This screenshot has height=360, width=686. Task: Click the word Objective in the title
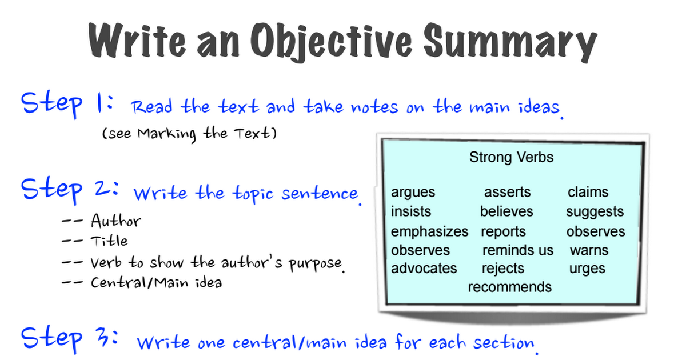tap(332, 42)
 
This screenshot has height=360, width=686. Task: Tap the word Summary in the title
tap(510, 42)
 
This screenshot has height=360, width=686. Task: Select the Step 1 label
tap(67, 105)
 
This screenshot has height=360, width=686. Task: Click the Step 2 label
tap(70, 190)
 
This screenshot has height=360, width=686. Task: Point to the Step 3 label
tap(70, 339)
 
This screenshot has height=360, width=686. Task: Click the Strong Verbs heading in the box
tap(512, 157)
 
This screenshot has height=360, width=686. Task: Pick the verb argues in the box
tap(413, 193)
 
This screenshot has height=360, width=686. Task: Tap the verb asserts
tap(507, 192)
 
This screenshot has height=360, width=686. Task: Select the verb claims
tap(588, 192)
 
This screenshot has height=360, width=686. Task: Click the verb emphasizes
tap(430, 232)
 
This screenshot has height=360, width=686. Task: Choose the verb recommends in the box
tap(510, 287)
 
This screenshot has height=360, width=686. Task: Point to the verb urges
tap(587, 269)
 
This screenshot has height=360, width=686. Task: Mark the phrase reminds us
tap(518, 250)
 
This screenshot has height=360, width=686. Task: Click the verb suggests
tap(595, 212)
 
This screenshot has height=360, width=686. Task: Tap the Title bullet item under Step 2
tap(109, 241)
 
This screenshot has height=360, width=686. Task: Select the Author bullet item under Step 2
tap(115, 221)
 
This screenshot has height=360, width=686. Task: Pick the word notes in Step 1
tap(375, 107)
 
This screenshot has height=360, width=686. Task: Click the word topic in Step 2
tap(253, 194)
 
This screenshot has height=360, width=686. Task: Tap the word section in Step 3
tap(504, 342)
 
